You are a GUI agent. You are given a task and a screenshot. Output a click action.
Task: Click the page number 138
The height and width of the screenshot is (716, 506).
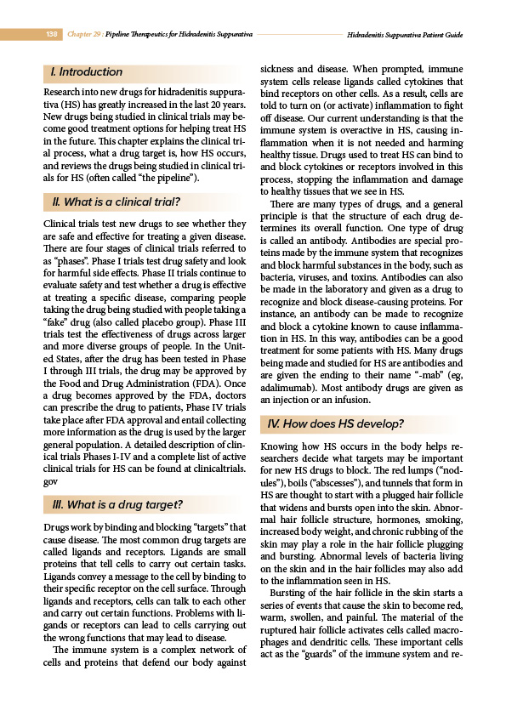pyautogui.click(x=51, y=35)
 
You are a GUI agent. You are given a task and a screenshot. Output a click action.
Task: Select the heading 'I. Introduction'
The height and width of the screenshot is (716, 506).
pyautogui.click(x=88, y=72)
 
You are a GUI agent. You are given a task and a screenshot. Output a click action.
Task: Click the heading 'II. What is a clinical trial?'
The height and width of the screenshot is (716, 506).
pyautogui.click(x=117, y=202)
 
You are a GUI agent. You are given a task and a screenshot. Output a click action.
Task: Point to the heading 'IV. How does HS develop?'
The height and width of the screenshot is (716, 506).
pyautogui.click(x=335, y=423)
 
